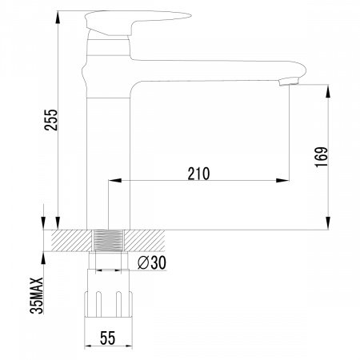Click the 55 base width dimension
107,338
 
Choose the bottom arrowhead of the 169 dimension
328,226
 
